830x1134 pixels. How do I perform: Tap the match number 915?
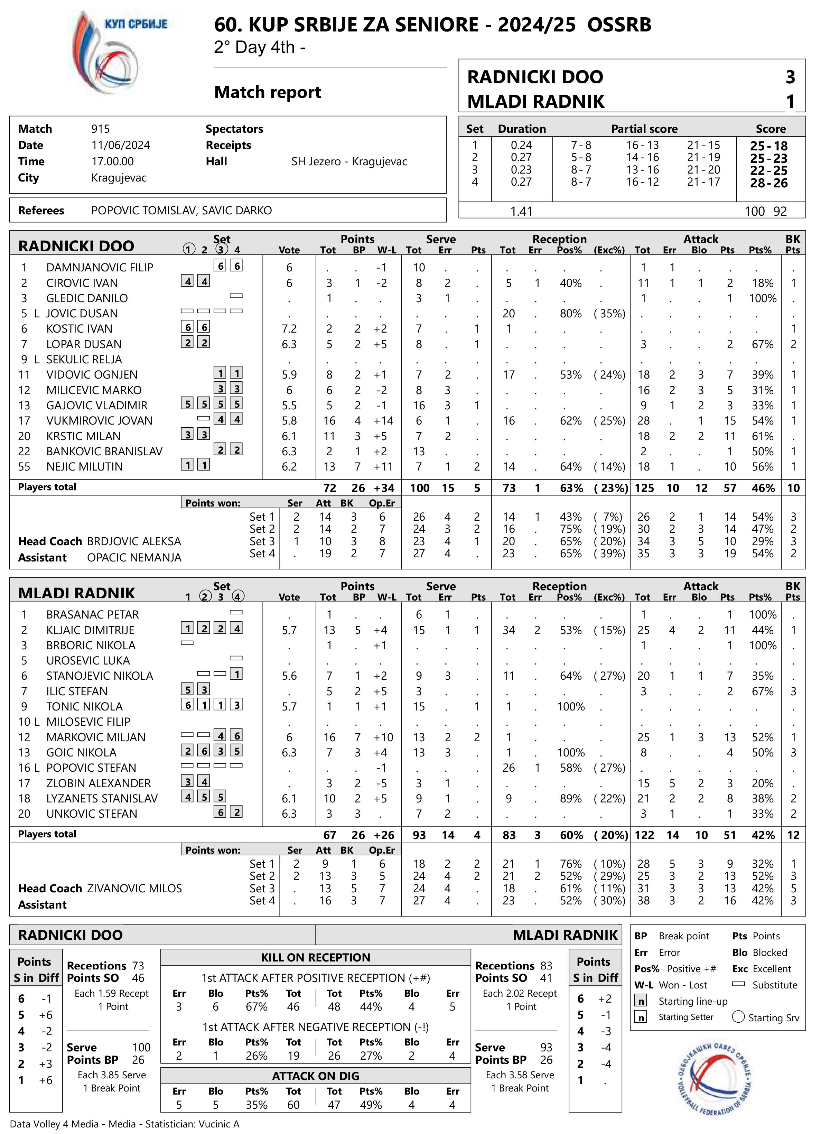click(x=101, y=129)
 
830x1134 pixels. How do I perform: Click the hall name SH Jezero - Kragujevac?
click(x=349, y=162)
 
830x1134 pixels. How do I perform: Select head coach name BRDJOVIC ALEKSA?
click(x=134, y=542)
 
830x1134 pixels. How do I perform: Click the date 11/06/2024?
click(x=121, y=145)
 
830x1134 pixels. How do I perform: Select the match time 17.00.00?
click(x=113, y=162)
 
